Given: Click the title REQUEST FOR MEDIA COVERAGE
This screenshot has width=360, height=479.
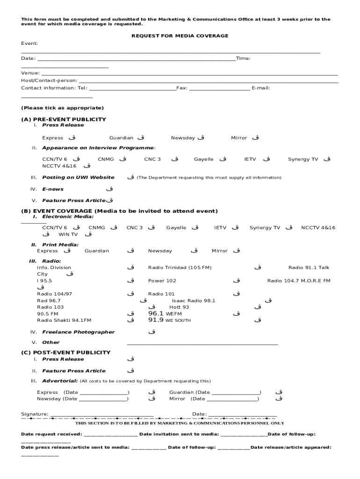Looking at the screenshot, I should point(180,36).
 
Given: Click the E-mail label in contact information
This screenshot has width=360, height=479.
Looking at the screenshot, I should point(260,88).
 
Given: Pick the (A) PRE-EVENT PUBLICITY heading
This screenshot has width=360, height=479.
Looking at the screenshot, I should point(64,119).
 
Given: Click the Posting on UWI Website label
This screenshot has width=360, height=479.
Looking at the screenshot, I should point(78,177).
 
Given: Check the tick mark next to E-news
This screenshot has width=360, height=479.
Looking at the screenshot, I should point(109,189).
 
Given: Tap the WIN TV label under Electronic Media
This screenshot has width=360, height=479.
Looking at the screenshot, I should point(68,234).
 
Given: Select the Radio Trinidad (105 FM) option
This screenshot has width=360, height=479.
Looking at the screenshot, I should point(180,268).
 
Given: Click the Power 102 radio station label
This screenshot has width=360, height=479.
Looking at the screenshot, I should point(162,281).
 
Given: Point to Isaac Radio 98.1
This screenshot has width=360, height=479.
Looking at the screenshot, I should point(194,301).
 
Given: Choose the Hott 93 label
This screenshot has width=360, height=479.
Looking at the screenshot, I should point(179,307).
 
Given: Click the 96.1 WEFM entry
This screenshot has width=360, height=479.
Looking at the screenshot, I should point(165,314).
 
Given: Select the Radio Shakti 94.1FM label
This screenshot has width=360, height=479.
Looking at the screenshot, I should point(64,320).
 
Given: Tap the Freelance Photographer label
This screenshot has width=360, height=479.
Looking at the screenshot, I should point(78,332).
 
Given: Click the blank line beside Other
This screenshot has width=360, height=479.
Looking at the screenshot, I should point(202,344).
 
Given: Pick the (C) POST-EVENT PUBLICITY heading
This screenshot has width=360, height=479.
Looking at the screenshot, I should point(66,352).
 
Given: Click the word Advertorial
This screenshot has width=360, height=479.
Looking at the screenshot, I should point(60,381).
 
